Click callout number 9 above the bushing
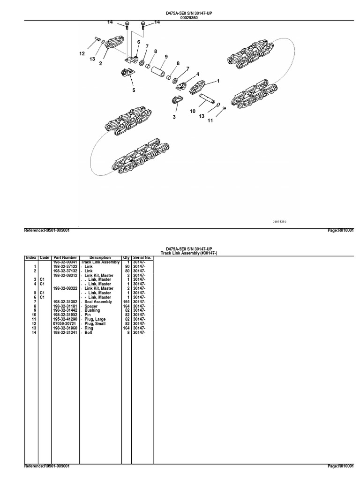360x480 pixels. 165,57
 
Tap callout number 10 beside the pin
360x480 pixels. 193,111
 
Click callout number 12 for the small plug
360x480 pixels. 82,54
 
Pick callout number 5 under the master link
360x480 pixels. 134,90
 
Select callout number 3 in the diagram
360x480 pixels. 174,117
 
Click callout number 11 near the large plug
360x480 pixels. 210,120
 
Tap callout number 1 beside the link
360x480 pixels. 218,81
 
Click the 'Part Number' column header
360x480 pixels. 65,257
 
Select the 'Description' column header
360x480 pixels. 100,257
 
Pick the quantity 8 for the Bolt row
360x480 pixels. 127,333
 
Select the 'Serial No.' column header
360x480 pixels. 142,257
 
